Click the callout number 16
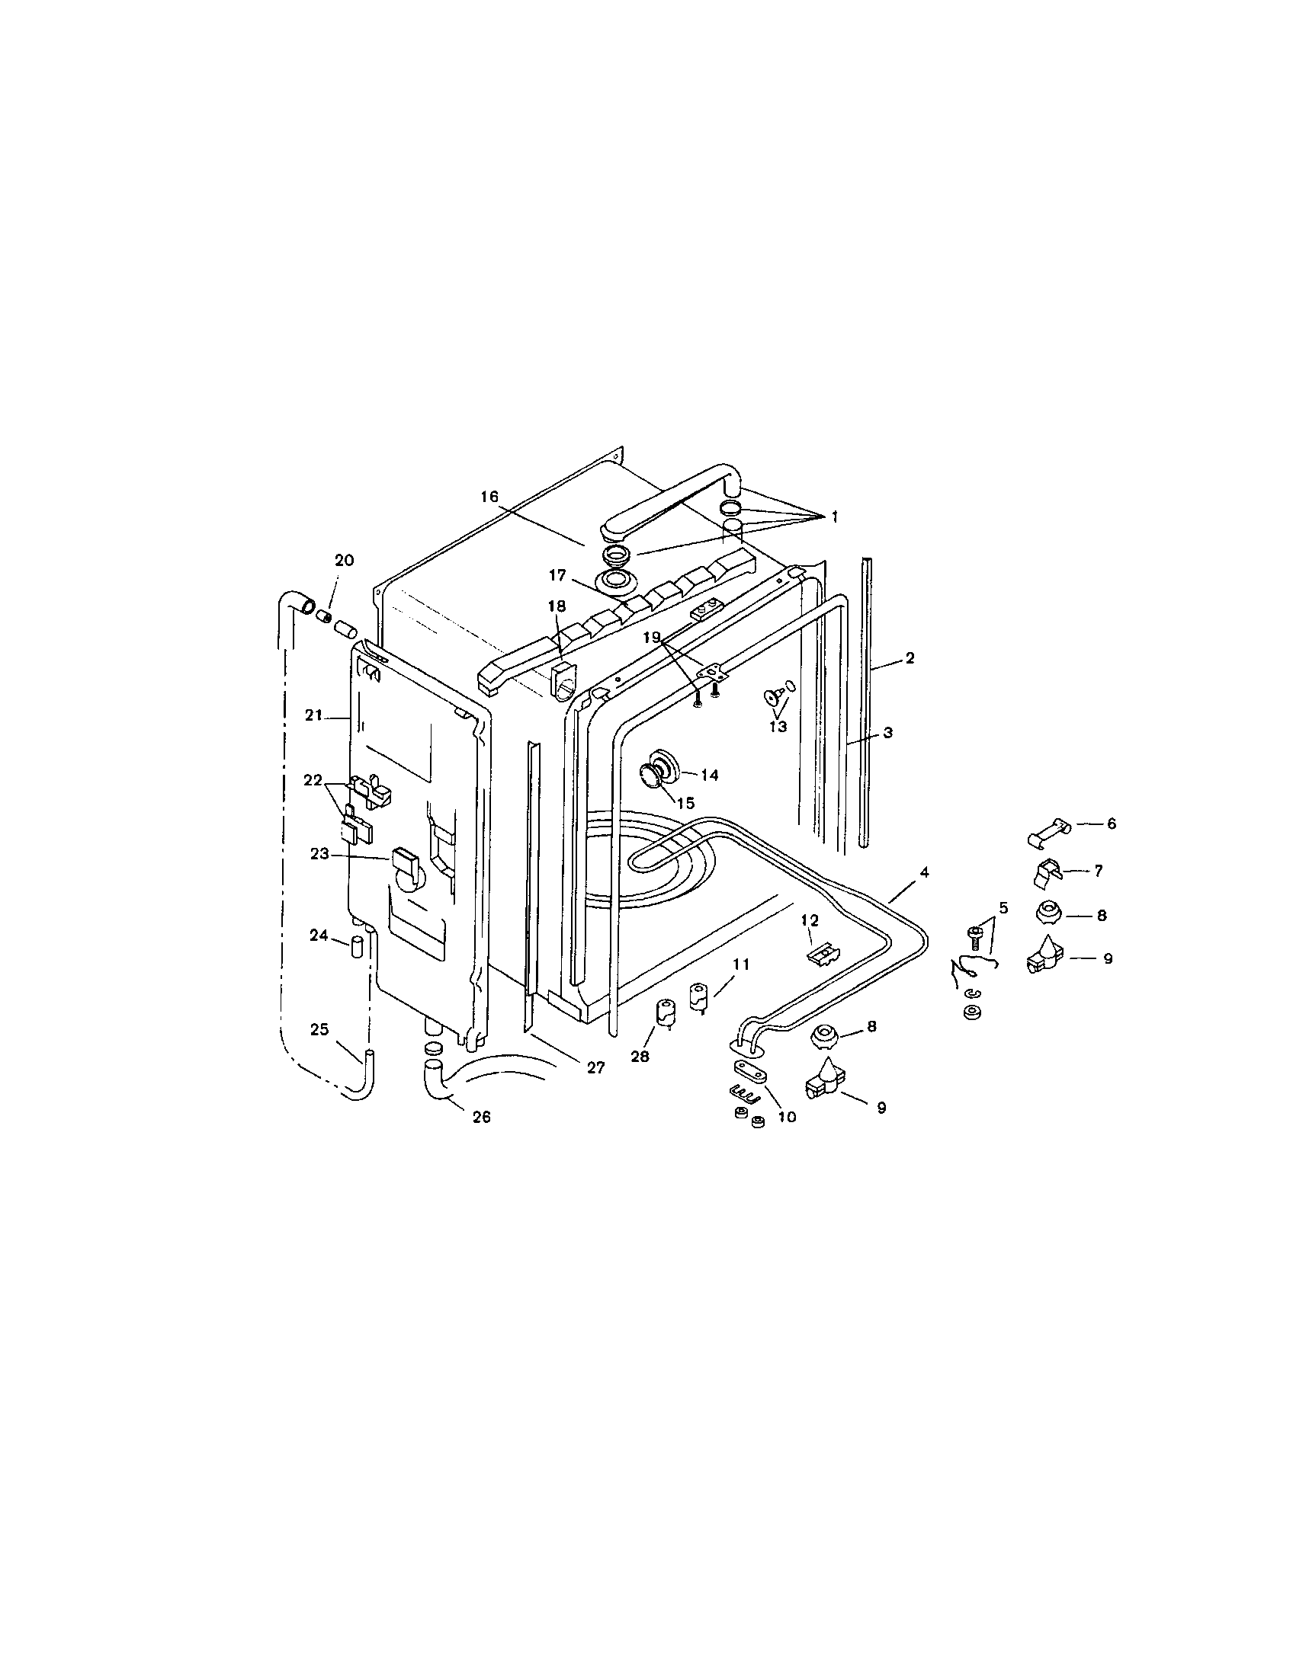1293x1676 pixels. pyautogui.click(x=490, y=497)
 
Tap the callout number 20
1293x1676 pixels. pyautogui.click(x=344, y=560)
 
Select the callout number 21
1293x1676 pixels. pyautogui.click(x=313, y=715)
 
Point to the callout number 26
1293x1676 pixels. pyautogui.click(x=480, y=1118)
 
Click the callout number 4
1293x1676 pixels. pyautogui.click(x=925, y=872)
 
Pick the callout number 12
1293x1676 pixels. pyautogui.click(x=810, y=920)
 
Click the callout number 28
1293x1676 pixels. pyautogui.click(x=640, y=1057)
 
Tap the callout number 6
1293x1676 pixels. pyautogui.click(x=1111, y=824)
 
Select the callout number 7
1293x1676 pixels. pyautogui.click(x=1099, y=870)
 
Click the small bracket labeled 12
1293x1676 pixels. pyautogui.click(x=823, y=954)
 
